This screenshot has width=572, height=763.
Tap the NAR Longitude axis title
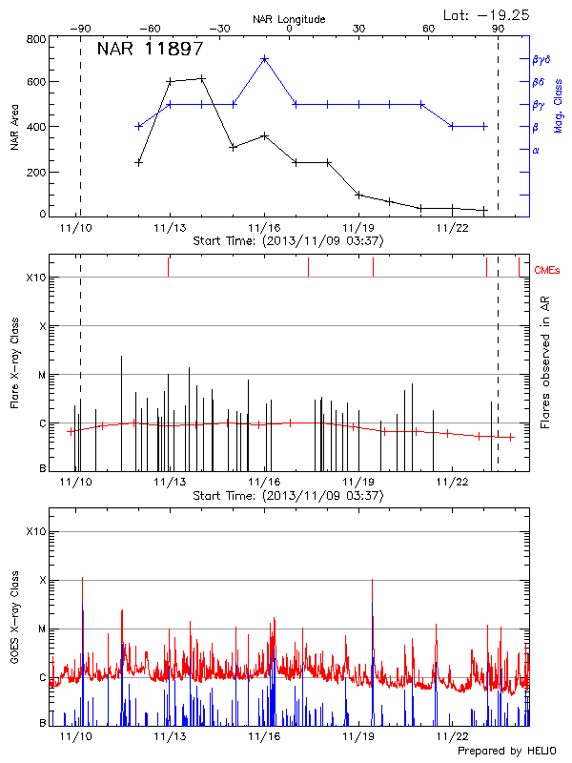coord(289,19)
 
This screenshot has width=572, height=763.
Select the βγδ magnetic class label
coord(541,59)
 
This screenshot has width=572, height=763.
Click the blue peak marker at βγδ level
coord(264,58)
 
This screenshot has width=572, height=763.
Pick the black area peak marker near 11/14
coord(202,78)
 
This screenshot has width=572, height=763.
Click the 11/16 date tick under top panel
coord(264,228)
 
